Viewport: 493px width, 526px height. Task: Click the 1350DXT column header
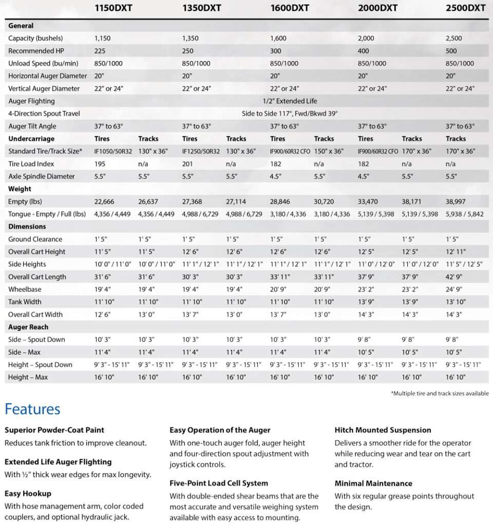[x=202, y=8]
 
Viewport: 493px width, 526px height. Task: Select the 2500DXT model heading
[x=466, y=8]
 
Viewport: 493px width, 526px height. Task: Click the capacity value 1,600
[x=278, y=39]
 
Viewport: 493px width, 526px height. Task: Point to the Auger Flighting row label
[x=31, y=101]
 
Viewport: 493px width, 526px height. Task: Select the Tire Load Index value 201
[x=187, y=164]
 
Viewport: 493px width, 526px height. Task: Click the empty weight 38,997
[x=457, y=202]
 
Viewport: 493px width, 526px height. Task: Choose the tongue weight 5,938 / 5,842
[x=464, y=214]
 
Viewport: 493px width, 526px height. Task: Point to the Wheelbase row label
[x=25, y=289]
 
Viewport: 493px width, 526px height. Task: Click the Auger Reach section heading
[x=28, y=327]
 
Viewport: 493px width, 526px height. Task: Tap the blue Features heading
[x=32, y=409]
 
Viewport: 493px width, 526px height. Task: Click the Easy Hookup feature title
[x=28, y=494]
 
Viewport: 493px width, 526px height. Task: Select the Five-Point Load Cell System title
[x=219, y=483]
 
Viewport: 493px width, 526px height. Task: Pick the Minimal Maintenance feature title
[x=373, y=483]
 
